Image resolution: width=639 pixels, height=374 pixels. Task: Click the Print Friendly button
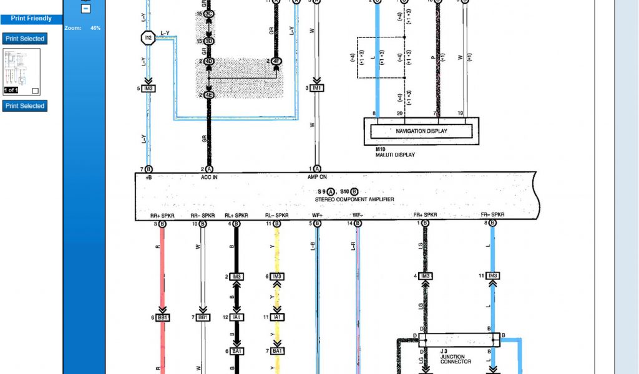[31, 18]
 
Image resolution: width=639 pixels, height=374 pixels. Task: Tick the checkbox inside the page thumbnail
[35, 90]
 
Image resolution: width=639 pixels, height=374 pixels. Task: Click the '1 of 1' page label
[11, 90]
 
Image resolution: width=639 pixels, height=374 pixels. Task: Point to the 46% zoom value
[95, 28]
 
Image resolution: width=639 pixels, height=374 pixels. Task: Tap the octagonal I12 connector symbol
[148, 39]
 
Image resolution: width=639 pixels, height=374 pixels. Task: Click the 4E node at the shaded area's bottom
[209, 95]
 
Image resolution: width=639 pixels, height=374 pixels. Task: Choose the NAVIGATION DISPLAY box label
[421, 131]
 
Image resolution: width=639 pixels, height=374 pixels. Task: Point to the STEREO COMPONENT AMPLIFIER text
[354, 199]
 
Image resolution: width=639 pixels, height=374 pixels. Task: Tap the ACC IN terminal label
[209, 177]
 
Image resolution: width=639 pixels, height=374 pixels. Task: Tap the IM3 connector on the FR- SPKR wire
[493, 276]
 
